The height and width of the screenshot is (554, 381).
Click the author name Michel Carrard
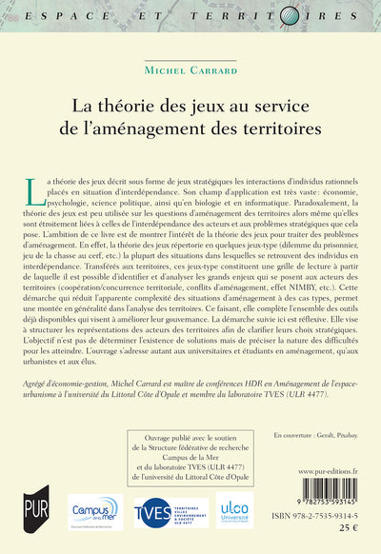tap(190, 69)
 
